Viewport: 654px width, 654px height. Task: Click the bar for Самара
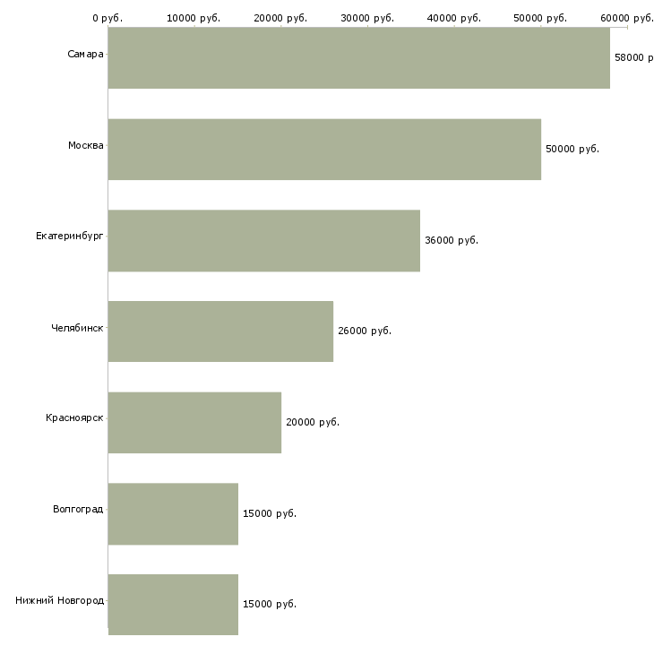pyautogui.click(x=359, y=58)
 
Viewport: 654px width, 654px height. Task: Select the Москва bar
pyautogui.click(x=325, y=150)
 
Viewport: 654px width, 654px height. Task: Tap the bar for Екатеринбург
pyautogui.click(x=264, y=241)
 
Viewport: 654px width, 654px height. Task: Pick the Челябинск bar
pyautogui.click(x=220, y=331)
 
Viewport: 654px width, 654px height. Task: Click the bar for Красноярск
pyautogui.click(x=194, y=423)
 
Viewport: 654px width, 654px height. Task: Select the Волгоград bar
pyautogui.click(x=173, y=514)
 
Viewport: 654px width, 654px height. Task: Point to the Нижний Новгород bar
pyautogui.click(x=173, y=605)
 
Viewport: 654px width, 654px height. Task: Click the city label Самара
pyautogui.click(x=85, y=55)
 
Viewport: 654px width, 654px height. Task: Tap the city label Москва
pyautogui.click(x=86, y=145)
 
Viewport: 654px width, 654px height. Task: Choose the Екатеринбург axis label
pyautogui.click(x=70, y=237)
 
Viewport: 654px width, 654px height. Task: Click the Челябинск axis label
pyautogui.click(x=77, y=328)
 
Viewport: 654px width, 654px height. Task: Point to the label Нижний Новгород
pyautogui.click(x=60, y=600)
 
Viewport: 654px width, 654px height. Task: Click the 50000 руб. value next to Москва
pyautogui.click(x=572, y=150)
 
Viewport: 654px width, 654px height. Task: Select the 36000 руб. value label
pyautogui.click(x=452, y=241)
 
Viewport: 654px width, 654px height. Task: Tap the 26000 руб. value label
pyautogui.click(x=365, y=331)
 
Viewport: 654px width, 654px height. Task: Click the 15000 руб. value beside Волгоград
pyautogui.click(x=270, y=514)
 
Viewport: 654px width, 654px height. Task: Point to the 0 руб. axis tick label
pyautogui.click(x=108, y=18)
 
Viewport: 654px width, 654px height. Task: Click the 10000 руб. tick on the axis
pyautogui.click(x=194, y=18)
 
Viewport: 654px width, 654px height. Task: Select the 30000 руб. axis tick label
pyautogui.click(x=367, y=18)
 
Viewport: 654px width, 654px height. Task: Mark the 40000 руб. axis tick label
pyautogui.click(x=454, y=18)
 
